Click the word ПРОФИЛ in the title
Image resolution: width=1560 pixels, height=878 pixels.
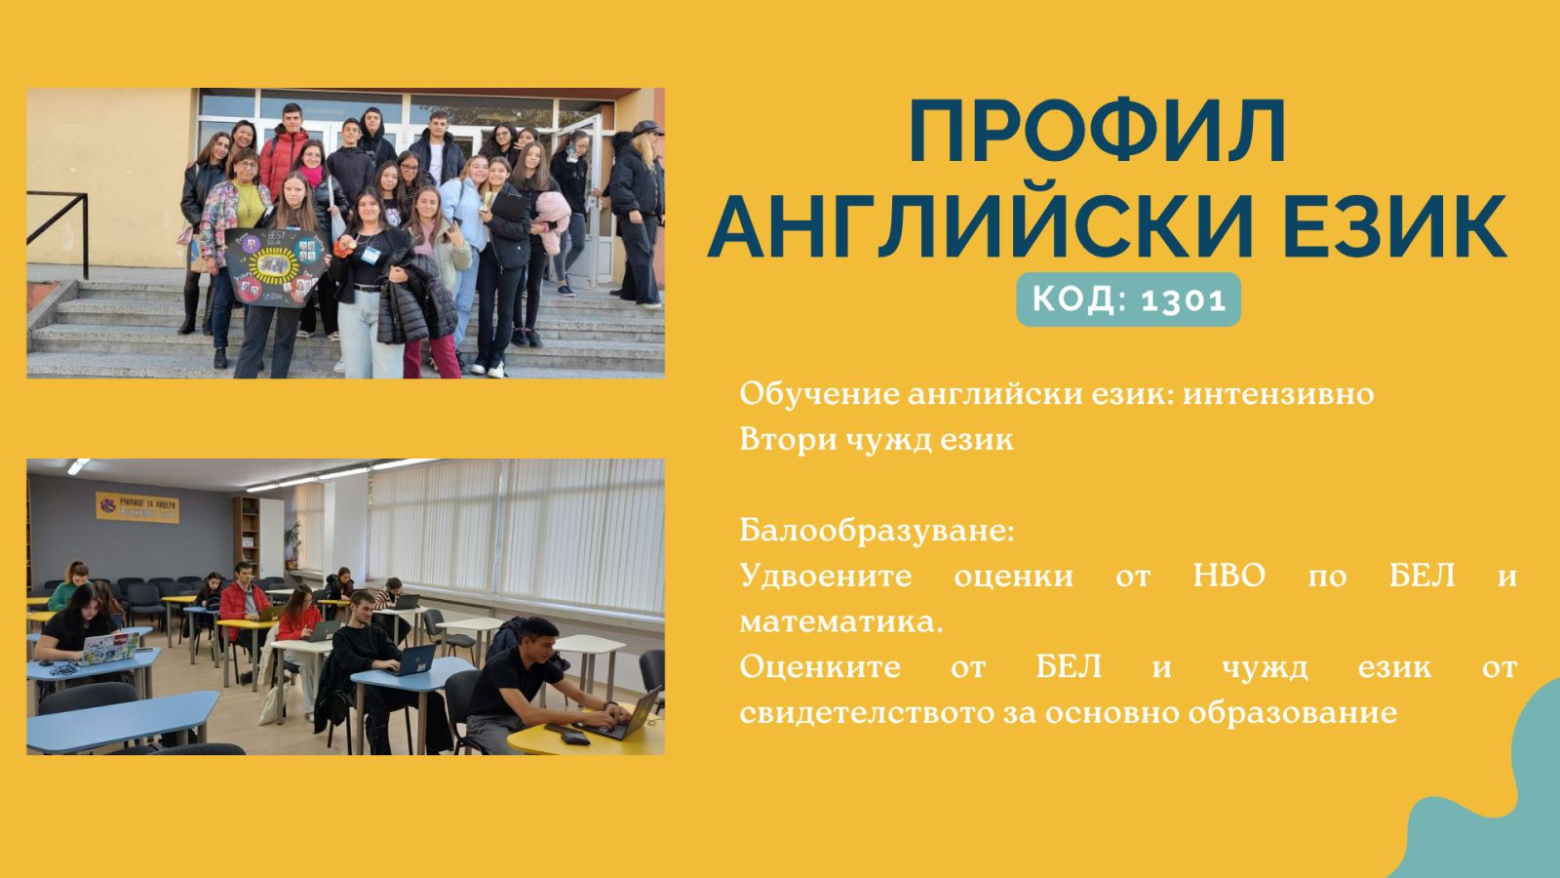pyautogui.click(x=1097, y=134)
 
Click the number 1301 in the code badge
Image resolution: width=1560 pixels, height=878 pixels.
pyautogui.click(x=1184, y=299)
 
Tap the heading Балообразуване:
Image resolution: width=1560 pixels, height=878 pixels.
pyautogui.click(x=877, y=531)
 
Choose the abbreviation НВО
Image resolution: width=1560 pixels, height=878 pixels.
pyautogui.click(x=1228, y=577)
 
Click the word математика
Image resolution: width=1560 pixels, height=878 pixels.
pyautogui.click(x=840, y=622)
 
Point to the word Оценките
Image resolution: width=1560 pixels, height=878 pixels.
pyautogui.click(x=820, y=668)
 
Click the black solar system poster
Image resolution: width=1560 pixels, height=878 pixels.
pyautogui.click(x=272, y=265)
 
